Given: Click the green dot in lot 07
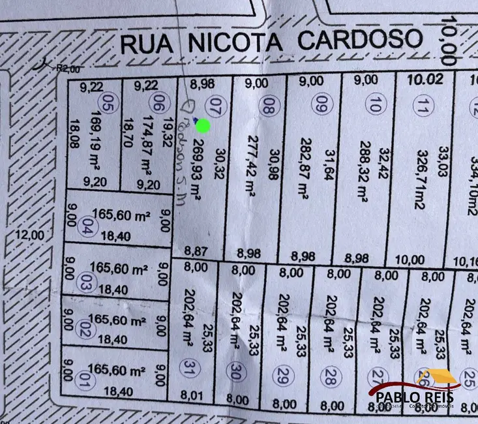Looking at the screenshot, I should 203,126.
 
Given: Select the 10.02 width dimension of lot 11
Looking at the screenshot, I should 421,80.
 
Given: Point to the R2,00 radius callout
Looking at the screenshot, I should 67,68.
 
